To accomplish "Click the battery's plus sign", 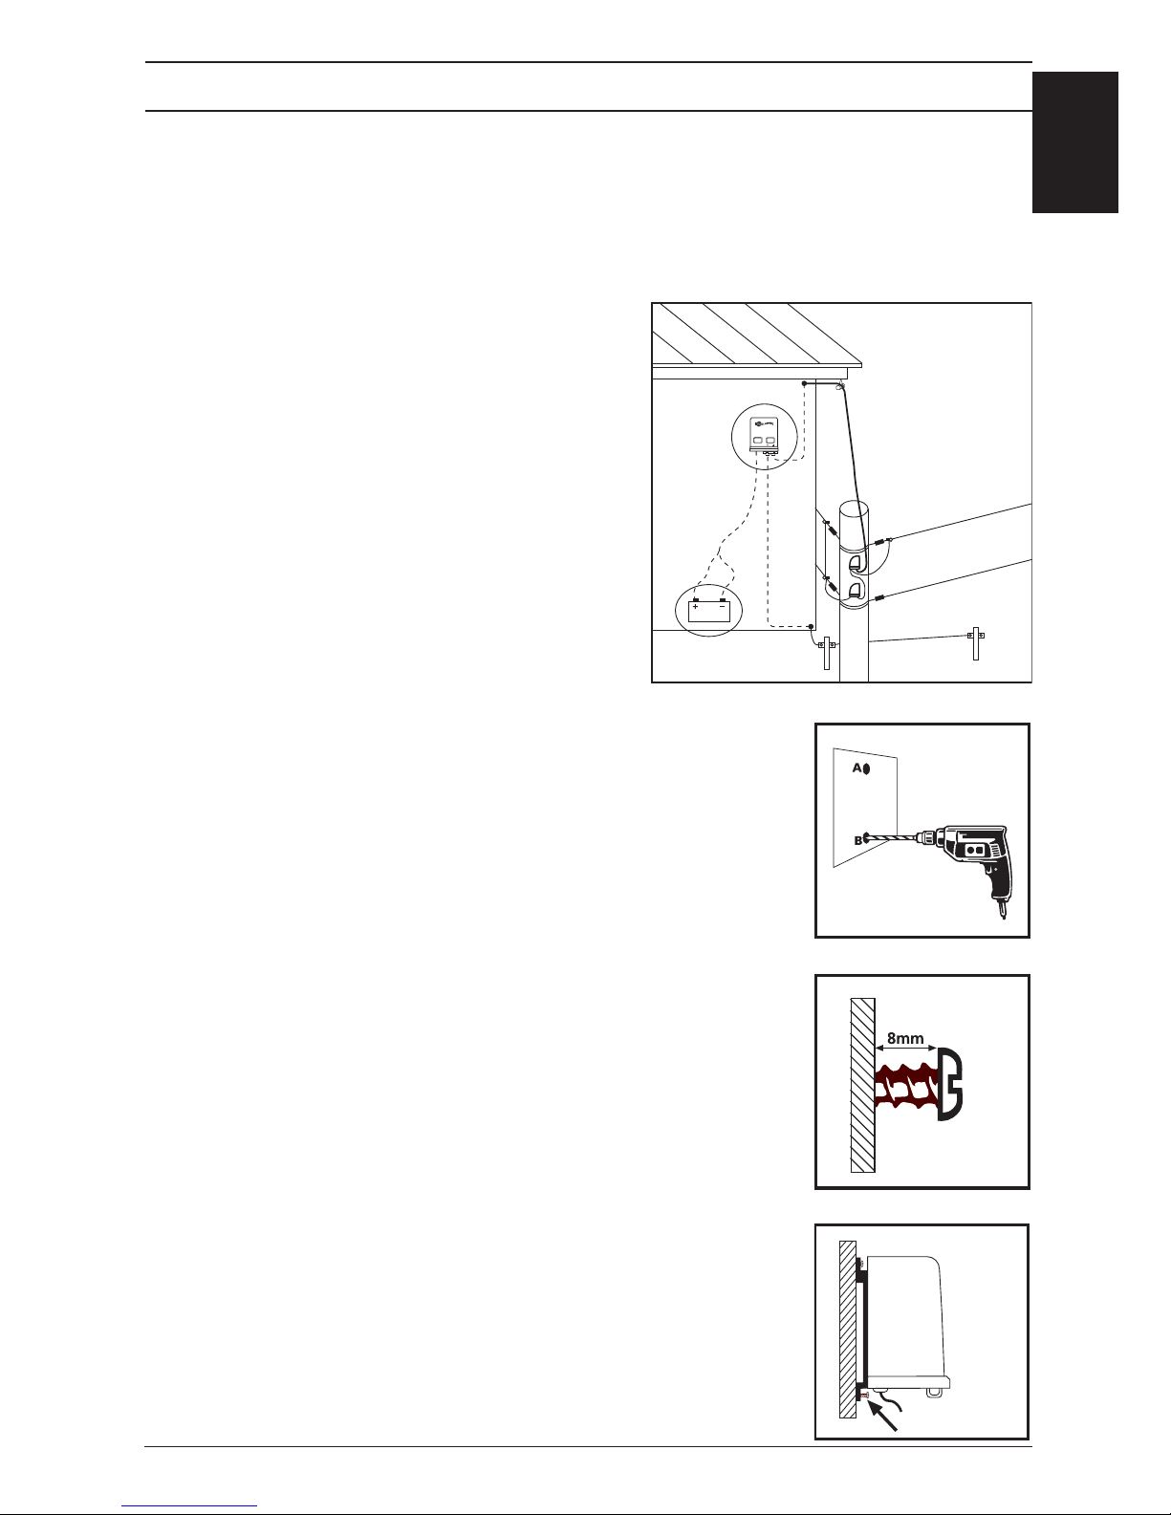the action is tap(696, 607).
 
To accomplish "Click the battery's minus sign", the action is tap(722, 607).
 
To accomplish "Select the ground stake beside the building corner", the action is tap(827, 653).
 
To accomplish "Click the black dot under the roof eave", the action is tap(804, 383).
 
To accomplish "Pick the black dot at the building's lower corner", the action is tap(811, 627).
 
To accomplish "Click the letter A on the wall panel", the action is tap(857, 768).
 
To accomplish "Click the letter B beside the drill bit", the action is tap(858, 841).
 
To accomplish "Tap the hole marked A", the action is tap(866, 769).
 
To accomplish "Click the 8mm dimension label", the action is tap(905, 1038).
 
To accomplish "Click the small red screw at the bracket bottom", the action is tap(863, 1396).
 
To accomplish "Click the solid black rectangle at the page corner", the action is tap(1074, 142).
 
